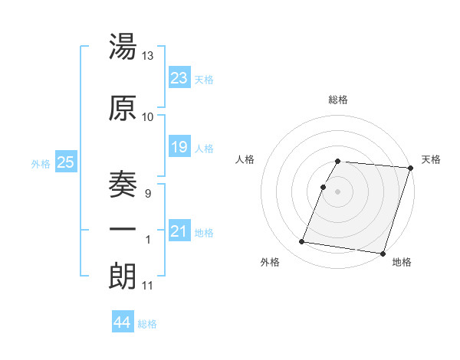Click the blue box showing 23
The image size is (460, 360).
[179, 77]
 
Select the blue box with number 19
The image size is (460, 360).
[179, 146]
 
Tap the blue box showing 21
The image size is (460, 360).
[179, 231]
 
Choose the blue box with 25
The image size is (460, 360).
[66, 162]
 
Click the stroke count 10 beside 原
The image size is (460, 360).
[148, 116]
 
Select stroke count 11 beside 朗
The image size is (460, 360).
[148, 286]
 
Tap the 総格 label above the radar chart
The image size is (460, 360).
[338, 100]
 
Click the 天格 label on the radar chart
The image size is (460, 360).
[432, 159]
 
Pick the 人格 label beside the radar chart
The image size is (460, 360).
[245, 159]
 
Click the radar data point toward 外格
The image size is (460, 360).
[302, 241]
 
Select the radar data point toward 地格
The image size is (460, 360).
[383, 253]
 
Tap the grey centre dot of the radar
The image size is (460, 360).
[338, 191]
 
